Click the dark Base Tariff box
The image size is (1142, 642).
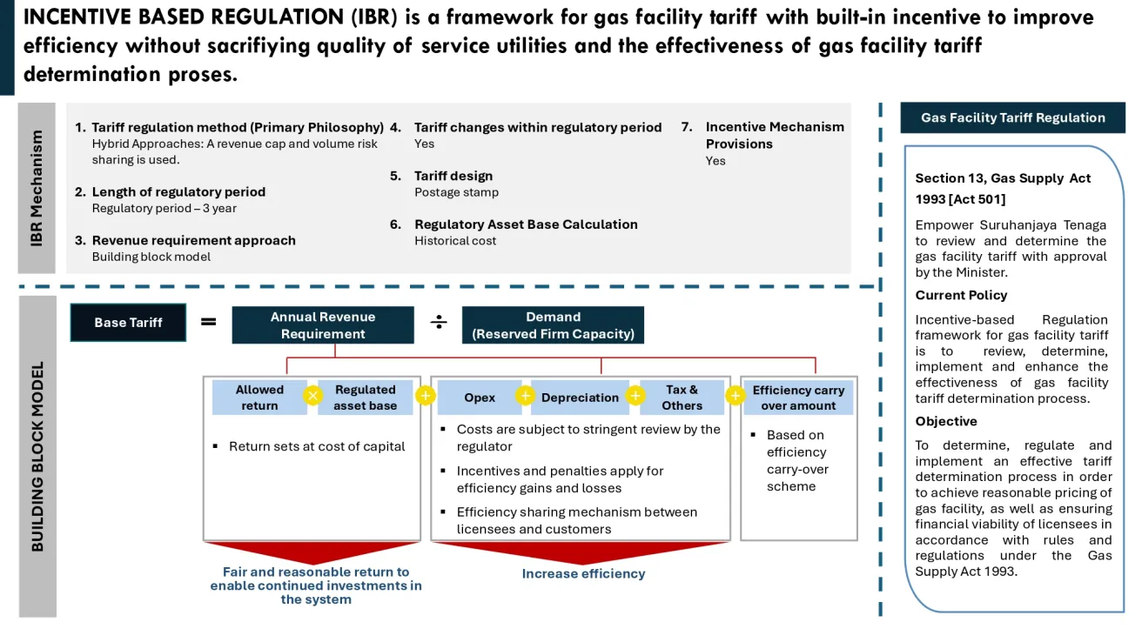(x=128, y=322)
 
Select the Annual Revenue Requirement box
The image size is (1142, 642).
(x=322, y=325)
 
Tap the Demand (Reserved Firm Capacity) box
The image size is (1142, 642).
(x=553, y=325)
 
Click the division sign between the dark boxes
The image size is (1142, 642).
(x=439, y=323)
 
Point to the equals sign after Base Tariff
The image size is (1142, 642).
(x=209, y=322)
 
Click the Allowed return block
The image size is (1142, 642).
(x=259, y=398)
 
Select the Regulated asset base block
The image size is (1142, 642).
(x=366, y=398)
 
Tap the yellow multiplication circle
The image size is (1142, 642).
(x=312, y=397)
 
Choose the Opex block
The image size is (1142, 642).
(x=479, y=398)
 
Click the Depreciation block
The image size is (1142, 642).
(x=580, y=398)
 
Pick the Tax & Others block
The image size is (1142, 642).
(x=682, y=398)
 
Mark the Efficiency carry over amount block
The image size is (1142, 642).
(x=798, y=398)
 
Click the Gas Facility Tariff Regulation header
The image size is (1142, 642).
(x=1012, y=117)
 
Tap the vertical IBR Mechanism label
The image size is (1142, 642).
(x=37, y=188)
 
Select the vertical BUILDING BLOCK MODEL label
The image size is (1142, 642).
(x=37, y=457)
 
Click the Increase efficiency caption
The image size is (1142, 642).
(x=583, y=573)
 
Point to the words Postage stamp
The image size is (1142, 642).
(x=456, y=192)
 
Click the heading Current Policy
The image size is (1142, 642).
(x=961, y=295)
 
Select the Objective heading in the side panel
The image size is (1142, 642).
(x=946, y=421)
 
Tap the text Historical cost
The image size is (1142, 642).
(x=455, y=241)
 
